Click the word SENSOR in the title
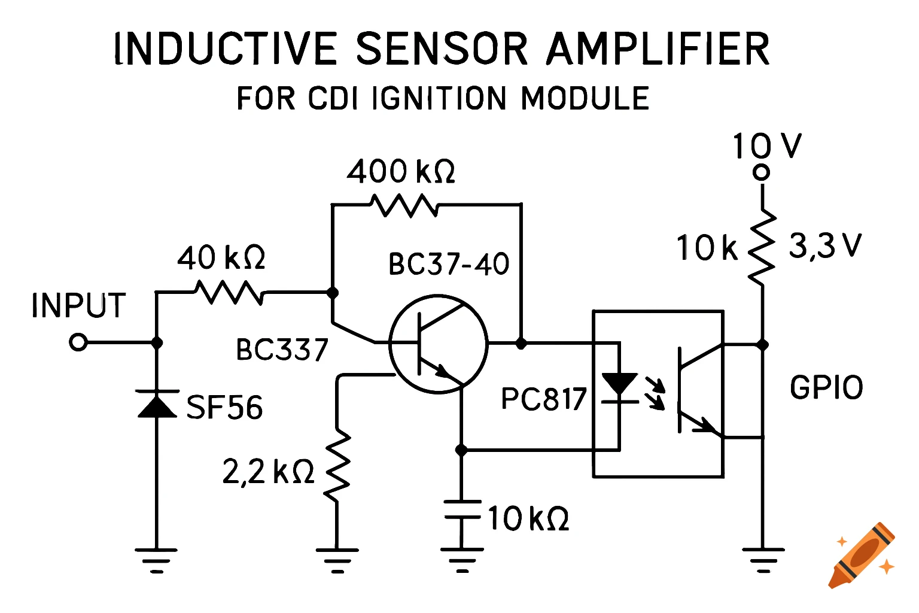coord(442,48)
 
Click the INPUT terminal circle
coord(78,343)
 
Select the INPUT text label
coord(78,306)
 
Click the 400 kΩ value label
coord(401,172)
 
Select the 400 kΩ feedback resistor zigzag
coord(404,205)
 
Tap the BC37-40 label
coord(449,264)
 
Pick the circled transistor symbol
coord(438,344)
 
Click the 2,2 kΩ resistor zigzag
coord(337,464)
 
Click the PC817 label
coord(544,399)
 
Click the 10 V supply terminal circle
coord(761,173)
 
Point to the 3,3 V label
coord(825,245)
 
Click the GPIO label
coord(826,387)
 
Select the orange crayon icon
coord(862,555)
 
